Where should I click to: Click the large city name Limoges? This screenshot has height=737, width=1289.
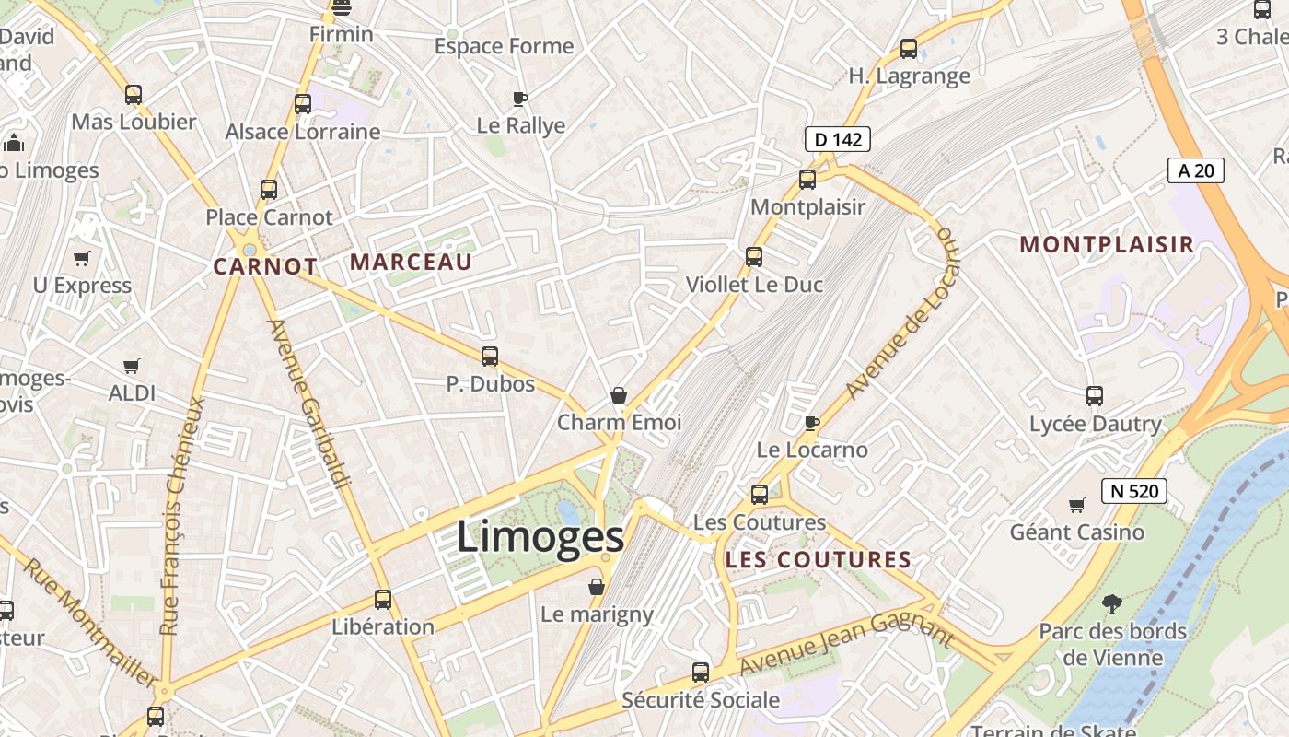pyautogui.click(x=540, y=537)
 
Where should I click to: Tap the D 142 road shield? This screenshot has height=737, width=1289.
pyautogui.click(x=837, y=139)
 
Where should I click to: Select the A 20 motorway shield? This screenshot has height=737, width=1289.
pyautogui.click(x=1196, y=170)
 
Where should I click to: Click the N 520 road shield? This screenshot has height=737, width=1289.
pyautogui.click(x=1133, y=491)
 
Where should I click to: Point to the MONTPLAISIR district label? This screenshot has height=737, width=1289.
pyautogui.click(x=1107, y=245)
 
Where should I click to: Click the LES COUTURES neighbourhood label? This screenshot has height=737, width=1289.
pyautogui.click(x=818, y=560)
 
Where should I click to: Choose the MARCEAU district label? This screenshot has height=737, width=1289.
pyautogui.click(x=411, y=263)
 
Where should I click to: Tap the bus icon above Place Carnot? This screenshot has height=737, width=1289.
pyautogui.click(x=269, y=190)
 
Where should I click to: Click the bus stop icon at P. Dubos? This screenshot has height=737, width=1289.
pyautogui.click(x=490, y=357)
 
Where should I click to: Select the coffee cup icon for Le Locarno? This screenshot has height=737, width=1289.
pyautogui.click(x=811, y=423)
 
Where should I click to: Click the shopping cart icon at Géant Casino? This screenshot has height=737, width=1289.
pyautogui.click(x=1076, y=505)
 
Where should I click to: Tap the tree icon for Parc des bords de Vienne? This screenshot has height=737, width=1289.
pyautogui.click(x=1112, y=604)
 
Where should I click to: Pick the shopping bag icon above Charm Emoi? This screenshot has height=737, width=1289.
pyautogui.click(x=619, y=395)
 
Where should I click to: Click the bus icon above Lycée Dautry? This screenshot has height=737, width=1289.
pyautogui.click(x=1095, y=396)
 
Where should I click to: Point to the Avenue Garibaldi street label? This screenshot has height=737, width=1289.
pyautogui.click(x=309, y=404)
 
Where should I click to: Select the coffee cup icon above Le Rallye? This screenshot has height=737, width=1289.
pyautogui.click(x=520, y=99)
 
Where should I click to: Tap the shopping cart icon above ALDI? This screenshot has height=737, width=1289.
pyautogui.click(x=132, y=366)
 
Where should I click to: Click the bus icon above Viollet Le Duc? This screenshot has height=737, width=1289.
pyautogui.click(x=754, y=257)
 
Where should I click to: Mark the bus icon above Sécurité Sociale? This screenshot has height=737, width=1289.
pyautogui.click(x=701, y=673)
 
